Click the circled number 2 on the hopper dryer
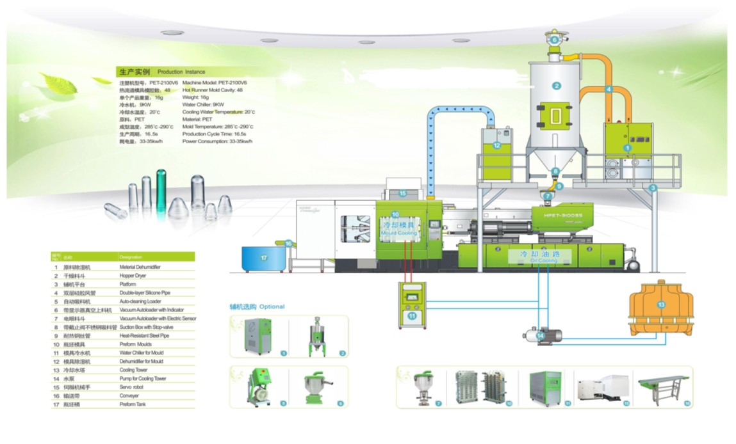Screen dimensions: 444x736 pos(557,86)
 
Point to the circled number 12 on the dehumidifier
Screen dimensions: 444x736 pos(496,145)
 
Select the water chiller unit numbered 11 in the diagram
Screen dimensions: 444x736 pos(411,305)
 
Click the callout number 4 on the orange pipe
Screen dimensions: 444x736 pos(609,90)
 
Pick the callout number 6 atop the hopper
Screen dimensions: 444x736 pos(555,40)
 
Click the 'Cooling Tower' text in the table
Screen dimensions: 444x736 pos(133,370)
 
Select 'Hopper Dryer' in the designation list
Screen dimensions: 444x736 pos(133,276)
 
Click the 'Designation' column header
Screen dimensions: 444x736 pos(130,257)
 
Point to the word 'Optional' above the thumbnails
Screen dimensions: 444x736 pos(272,306)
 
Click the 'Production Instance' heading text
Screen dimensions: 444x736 pos(181,72)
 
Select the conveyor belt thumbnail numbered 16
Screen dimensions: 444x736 pos(664,388)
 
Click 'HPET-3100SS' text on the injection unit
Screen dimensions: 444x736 pos(564,216)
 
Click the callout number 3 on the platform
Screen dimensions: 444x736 pos(653,188)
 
